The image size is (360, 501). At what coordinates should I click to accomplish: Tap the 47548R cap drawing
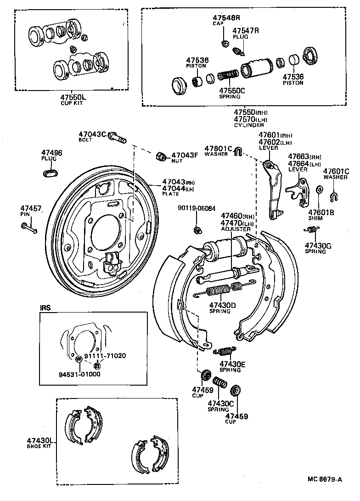coord(225,44)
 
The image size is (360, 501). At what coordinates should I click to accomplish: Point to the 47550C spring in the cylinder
coord(227,74)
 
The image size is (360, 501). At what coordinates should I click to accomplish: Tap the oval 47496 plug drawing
coord(51,172)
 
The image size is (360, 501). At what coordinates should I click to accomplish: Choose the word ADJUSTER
coord(236,228)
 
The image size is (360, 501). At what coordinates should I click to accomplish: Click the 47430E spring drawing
coord(224,352)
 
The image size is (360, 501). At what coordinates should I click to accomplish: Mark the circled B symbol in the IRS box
coord(96,365)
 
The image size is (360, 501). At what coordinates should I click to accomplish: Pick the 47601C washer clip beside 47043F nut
coord(238,151)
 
